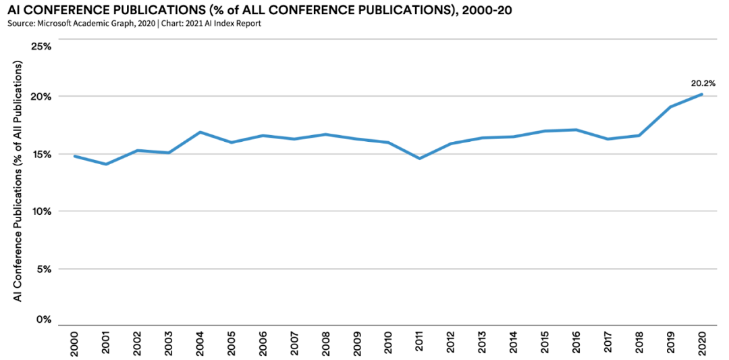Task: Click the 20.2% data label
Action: point(703,83)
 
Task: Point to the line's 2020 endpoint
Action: point(702,94)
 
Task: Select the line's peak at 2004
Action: point(200,132)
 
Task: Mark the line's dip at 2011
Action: point(420,159)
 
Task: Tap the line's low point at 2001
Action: point(105,164)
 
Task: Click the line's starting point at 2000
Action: point(74,156)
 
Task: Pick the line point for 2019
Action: point(670,107)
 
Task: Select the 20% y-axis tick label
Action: point(42,97)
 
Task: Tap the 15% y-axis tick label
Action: point(42,154)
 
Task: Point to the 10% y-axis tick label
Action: point(42,211)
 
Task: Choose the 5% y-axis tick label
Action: point(45,269)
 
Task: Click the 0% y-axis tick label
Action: point(45,319)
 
